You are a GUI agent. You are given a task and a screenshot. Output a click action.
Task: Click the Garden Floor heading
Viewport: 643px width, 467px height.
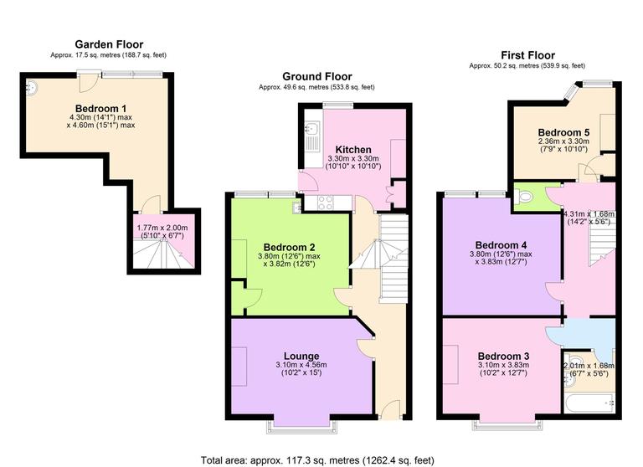pos(109,44)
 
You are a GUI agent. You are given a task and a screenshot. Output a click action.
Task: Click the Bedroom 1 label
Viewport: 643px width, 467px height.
pos(100,108)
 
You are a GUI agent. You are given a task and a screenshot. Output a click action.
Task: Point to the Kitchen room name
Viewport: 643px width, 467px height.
pos(353,149)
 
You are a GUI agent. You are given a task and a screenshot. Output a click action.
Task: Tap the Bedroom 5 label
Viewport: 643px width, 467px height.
pos(563,132)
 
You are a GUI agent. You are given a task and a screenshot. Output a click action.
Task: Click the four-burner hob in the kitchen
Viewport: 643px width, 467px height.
pos(324,202)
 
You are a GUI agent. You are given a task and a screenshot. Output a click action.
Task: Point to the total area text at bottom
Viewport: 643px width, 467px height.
pos(317,459)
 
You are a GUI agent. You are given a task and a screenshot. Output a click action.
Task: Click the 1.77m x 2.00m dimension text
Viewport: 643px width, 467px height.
pos(162,232)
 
